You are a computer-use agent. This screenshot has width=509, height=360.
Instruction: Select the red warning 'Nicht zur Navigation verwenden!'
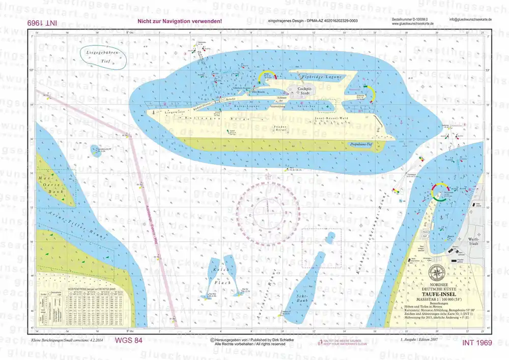tap(180, 21)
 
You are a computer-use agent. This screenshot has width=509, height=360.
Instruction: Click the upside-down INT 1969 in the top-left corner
tap(43, 23)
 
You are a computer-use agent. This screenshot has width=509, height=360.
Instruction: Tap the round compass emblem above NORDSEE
tap(437, 271)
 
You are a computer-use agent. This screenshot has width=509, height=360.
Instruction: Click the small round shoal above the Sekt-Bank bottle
tap(331, 237)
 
